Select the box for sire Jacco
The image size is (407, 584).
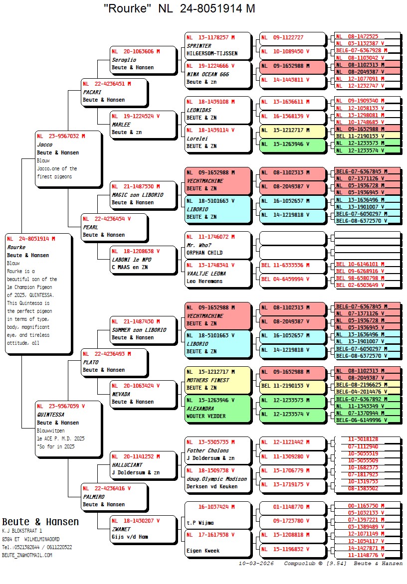(x=68, y=158)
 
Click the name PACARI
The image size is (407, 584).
(x=92, y=92)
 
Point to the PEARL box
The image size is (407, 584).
(x=114, y=227)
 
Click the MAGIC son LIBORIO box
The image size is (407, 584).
(x=144, y=195)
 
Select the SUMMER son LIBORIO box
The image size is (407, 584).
(x=144, y=330)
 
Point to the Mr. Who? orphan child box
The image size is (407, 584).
(x=218, y=245)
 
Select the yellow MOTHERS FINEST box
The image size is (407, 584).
(x=218, y=380)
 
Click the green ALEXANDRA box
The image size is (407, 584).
(x=218, y=409)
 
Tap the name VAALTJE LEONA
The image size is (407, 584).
(x=206, y=274)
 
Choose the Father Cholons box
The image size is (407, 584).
(x=218, y=450)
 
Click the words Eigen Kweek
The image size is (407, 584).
(x=203, y=551)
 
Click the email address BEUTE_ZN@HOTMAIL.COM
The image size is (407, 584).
(x=27, y=555)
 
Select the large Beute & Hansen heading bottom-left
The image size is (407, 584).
(x=40, y=522)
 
